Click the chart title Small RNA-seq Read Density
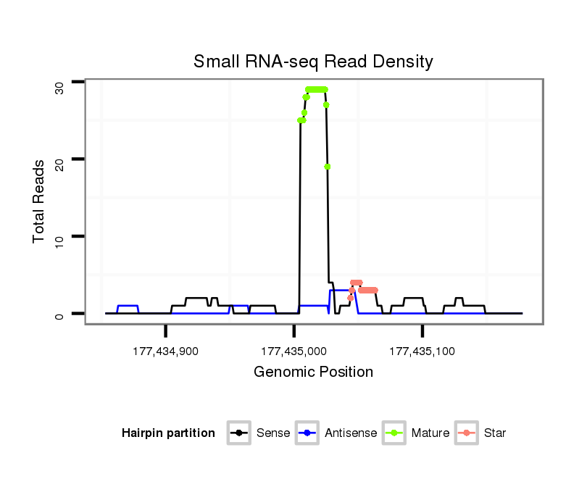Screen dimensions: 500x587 [x=313, y=62]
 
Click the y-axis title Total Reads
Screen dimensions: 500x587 [x=41, y=201]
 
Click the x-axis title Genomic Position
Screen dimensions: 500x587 [x=313, y=372]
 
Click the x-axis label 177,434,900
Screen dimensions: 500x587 [x=166, y=351]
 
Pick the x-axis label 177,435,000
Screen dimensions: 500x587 [x=293, y=351]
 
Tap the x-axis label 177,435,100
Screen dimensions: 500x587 [x=422, y=351]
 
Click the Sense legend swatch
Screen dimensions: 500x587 [x=239, y=433]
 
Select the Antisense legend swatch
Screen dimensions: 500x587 [x=307, y=433]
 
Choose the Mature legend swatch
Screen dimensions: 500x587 [x=394, y=433]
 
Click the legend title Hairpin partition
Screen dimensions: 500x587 [x=168, y=433]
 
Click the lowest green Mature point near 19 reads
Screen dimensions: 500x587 [x=328, y=167]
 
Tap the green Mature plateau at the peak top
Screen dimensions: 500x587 [x=317, y=89]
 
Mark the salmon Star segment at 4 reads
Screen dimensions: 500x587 [x=356, y=283]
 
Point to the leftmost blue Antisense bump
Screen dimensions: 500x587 [x=128, y=306]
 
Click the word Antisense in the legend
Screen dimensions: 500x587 [x=351, y=433]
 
